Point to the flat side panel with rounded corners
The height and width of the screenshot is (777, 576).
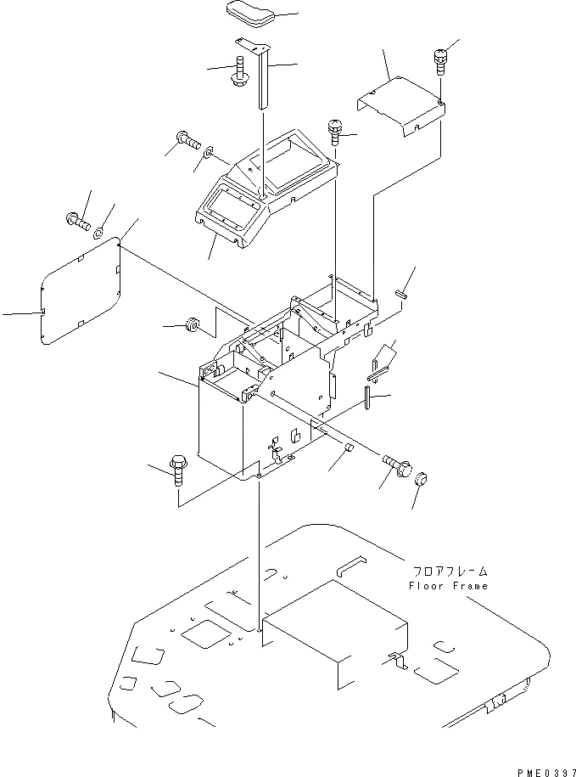(81, 293)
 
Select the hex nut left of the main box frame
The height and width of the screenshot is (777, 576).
(192, 325)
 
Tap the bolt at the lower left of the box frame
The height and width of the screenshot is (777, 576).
(178, 468)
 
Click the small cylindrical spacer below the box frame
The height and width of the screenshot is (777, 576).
(348, 448)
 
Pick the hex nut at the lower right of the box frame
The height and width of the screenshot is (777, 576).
(421, 481)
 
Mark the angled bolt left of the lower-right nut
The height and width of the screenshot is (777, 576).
(396, 466)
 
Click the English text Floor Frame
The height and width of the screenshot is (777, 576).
(448, 586)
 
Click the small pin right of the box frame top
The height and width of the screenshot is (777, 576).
(402, 294)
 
